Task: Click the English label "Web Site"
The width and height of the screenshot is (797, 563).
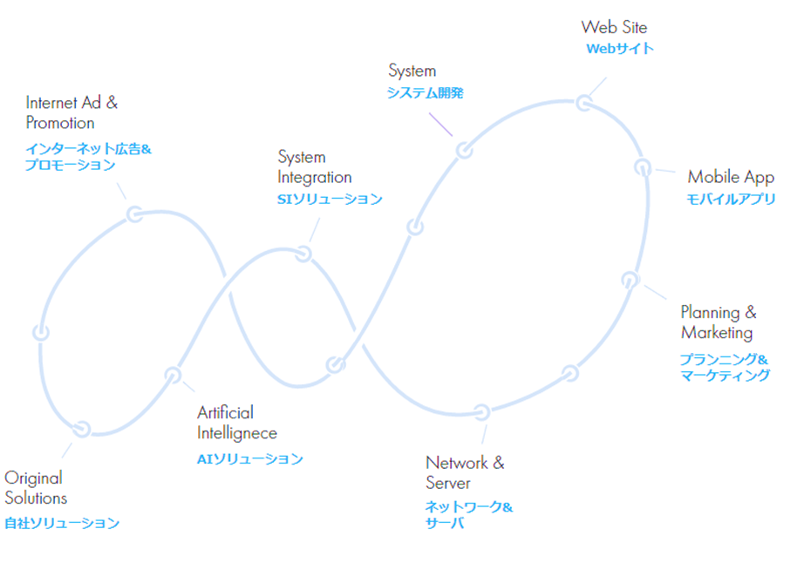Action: click(614, 27)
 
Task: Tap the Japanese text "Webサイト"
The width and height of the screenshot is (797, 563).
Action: click(619, 49)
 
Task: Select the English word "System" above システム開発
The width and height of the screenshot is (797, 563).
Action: click(412, 71)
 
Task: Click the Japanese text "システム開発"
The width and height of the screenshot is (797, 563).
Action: click(425, 93)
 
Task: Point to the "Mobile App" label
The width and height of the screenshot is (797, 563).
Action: click(730, 178)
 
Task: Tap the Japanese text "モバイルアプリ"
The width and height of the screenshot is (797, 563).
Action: click(731, 199)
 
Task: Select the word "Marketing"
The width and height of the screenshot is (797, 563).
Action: click(716, 333)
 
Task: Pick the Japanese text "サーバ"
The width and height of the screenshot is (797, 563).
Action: click(444, 523)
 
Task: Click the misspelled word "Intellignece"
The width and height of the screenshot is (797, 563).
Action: click(236, 433)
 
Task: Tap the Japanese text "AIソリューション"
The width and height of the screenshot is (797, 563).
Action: click(249, 458)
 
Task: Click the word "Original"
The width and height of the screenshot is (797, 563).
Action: click(33, 478)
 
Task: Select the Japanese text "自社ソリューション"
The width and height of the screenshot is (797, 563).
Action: click(61, 523)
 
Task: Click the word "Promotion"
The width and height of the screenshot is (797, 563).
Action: click(60, 123)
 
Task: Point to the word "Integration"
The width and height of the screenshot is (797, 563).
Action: click(313, 177)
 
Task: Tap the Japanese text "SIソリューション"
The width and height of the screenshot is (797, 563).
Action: click(330, 200)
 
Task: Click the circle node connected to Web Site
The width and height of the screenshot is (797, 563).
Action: click(583, 104)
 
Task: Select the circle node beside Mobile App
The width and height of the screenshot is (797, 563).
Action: click(643, 166)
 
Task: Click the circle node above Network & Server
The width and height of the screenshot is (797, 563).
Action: click(481, 411)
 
